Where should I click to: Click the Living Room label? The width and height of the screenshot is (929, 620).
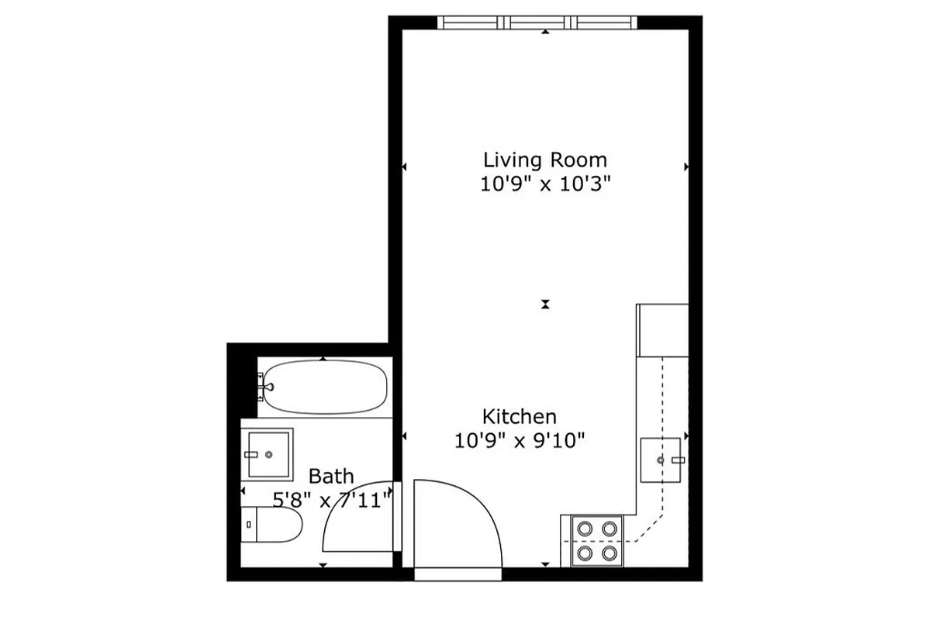[544, 160]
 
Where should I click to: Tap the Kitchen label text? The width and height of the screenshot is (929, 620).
[519, 416]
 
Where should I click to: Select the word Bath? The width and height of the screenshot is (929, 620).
[331, 476]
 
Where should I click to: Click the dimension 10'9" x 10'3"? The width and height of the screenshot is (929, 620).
[544, 184]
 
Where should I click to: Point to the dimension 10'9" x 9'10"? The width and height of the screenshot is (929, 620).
[519, 441]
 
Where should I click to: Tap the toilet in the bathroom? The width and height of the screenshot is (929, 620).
[272, 525]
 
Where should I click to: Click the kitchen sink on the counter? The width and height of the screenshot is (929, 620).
[660, 460]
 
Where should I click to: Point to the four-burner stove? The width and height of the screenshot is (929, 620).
[597, 540]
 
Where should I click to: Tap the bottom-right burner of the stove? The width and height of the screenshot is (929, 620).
[610, 553]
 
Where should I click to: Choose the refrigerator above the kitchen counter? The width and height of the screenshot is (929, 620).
[662, 329]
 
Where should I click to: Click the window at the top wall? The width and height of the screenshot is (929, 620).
[537, 22]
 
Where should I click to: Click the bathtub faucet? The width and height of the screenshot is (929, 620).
[267, 384]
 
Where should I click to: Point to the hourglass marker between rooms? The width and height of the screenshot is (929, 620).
[546, 305]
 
